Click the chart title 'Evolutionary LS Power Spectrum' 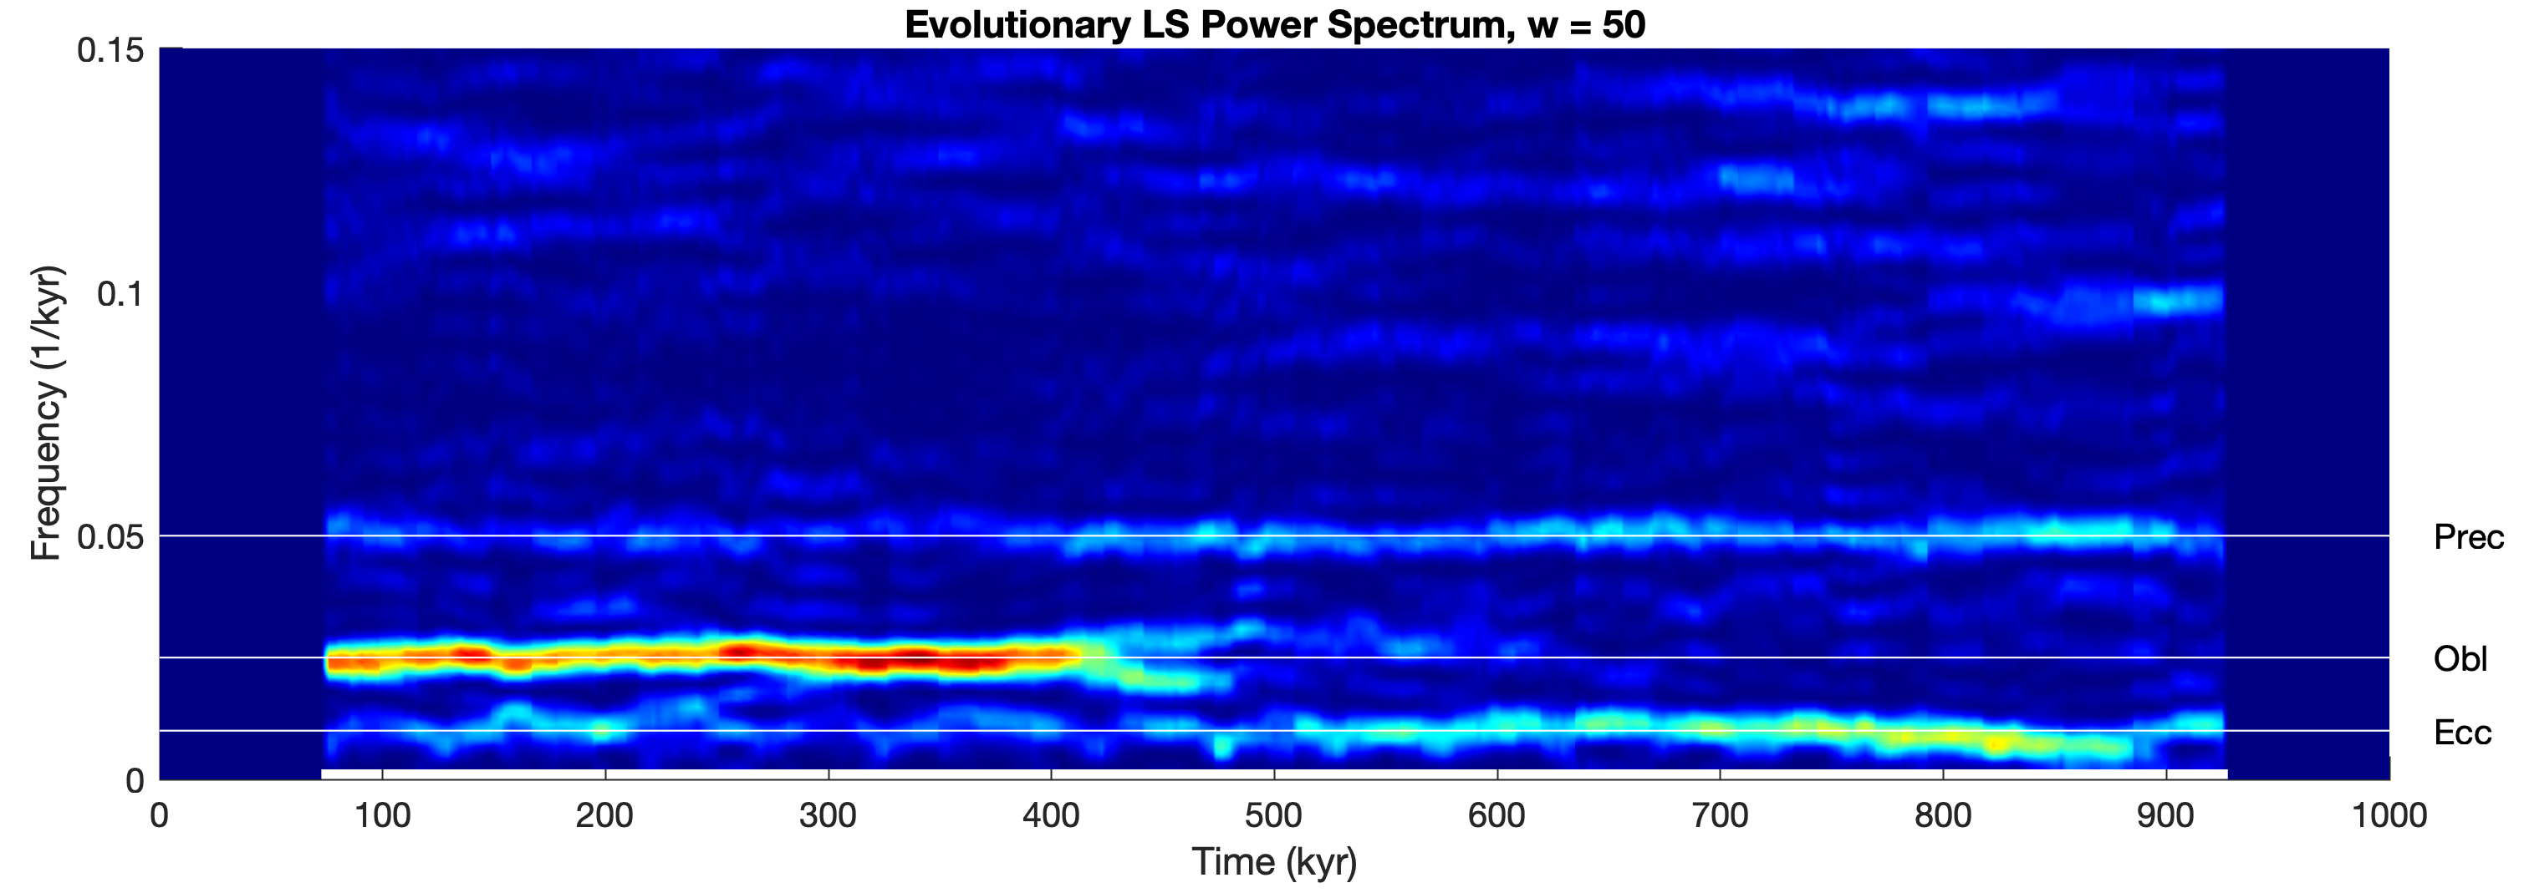pyautogui.click(x=1206, y=24)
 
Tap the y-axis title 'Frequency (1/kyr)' pyautogui.click(x=46, y=414)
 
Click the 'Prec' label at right pyautogui.click(x=2468, y=538)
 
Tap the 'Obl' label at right pyautogui.click(x=2460, y=659)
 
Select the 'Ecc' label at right pyautogui.click(x=2461, y=733)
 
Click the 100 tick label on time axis pyautogui.click(x=382, y=815)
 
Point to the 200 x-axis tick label pyautogui.click(x=604, y=815)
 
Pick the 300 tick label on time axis pyautogui.click(x=828, y=815)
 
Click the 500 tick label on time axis pyautogui.click(x=1274, y=815)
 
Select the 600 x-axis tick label pyautogui.click(x=1497, y=815)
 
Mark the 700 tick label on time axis pyautogui.click(x=1720, y=815)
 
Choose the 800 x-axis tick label pyautogui.click(x=1942, y=815)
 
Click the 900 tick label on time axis pyautogui.click(x=2165, y=815)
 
